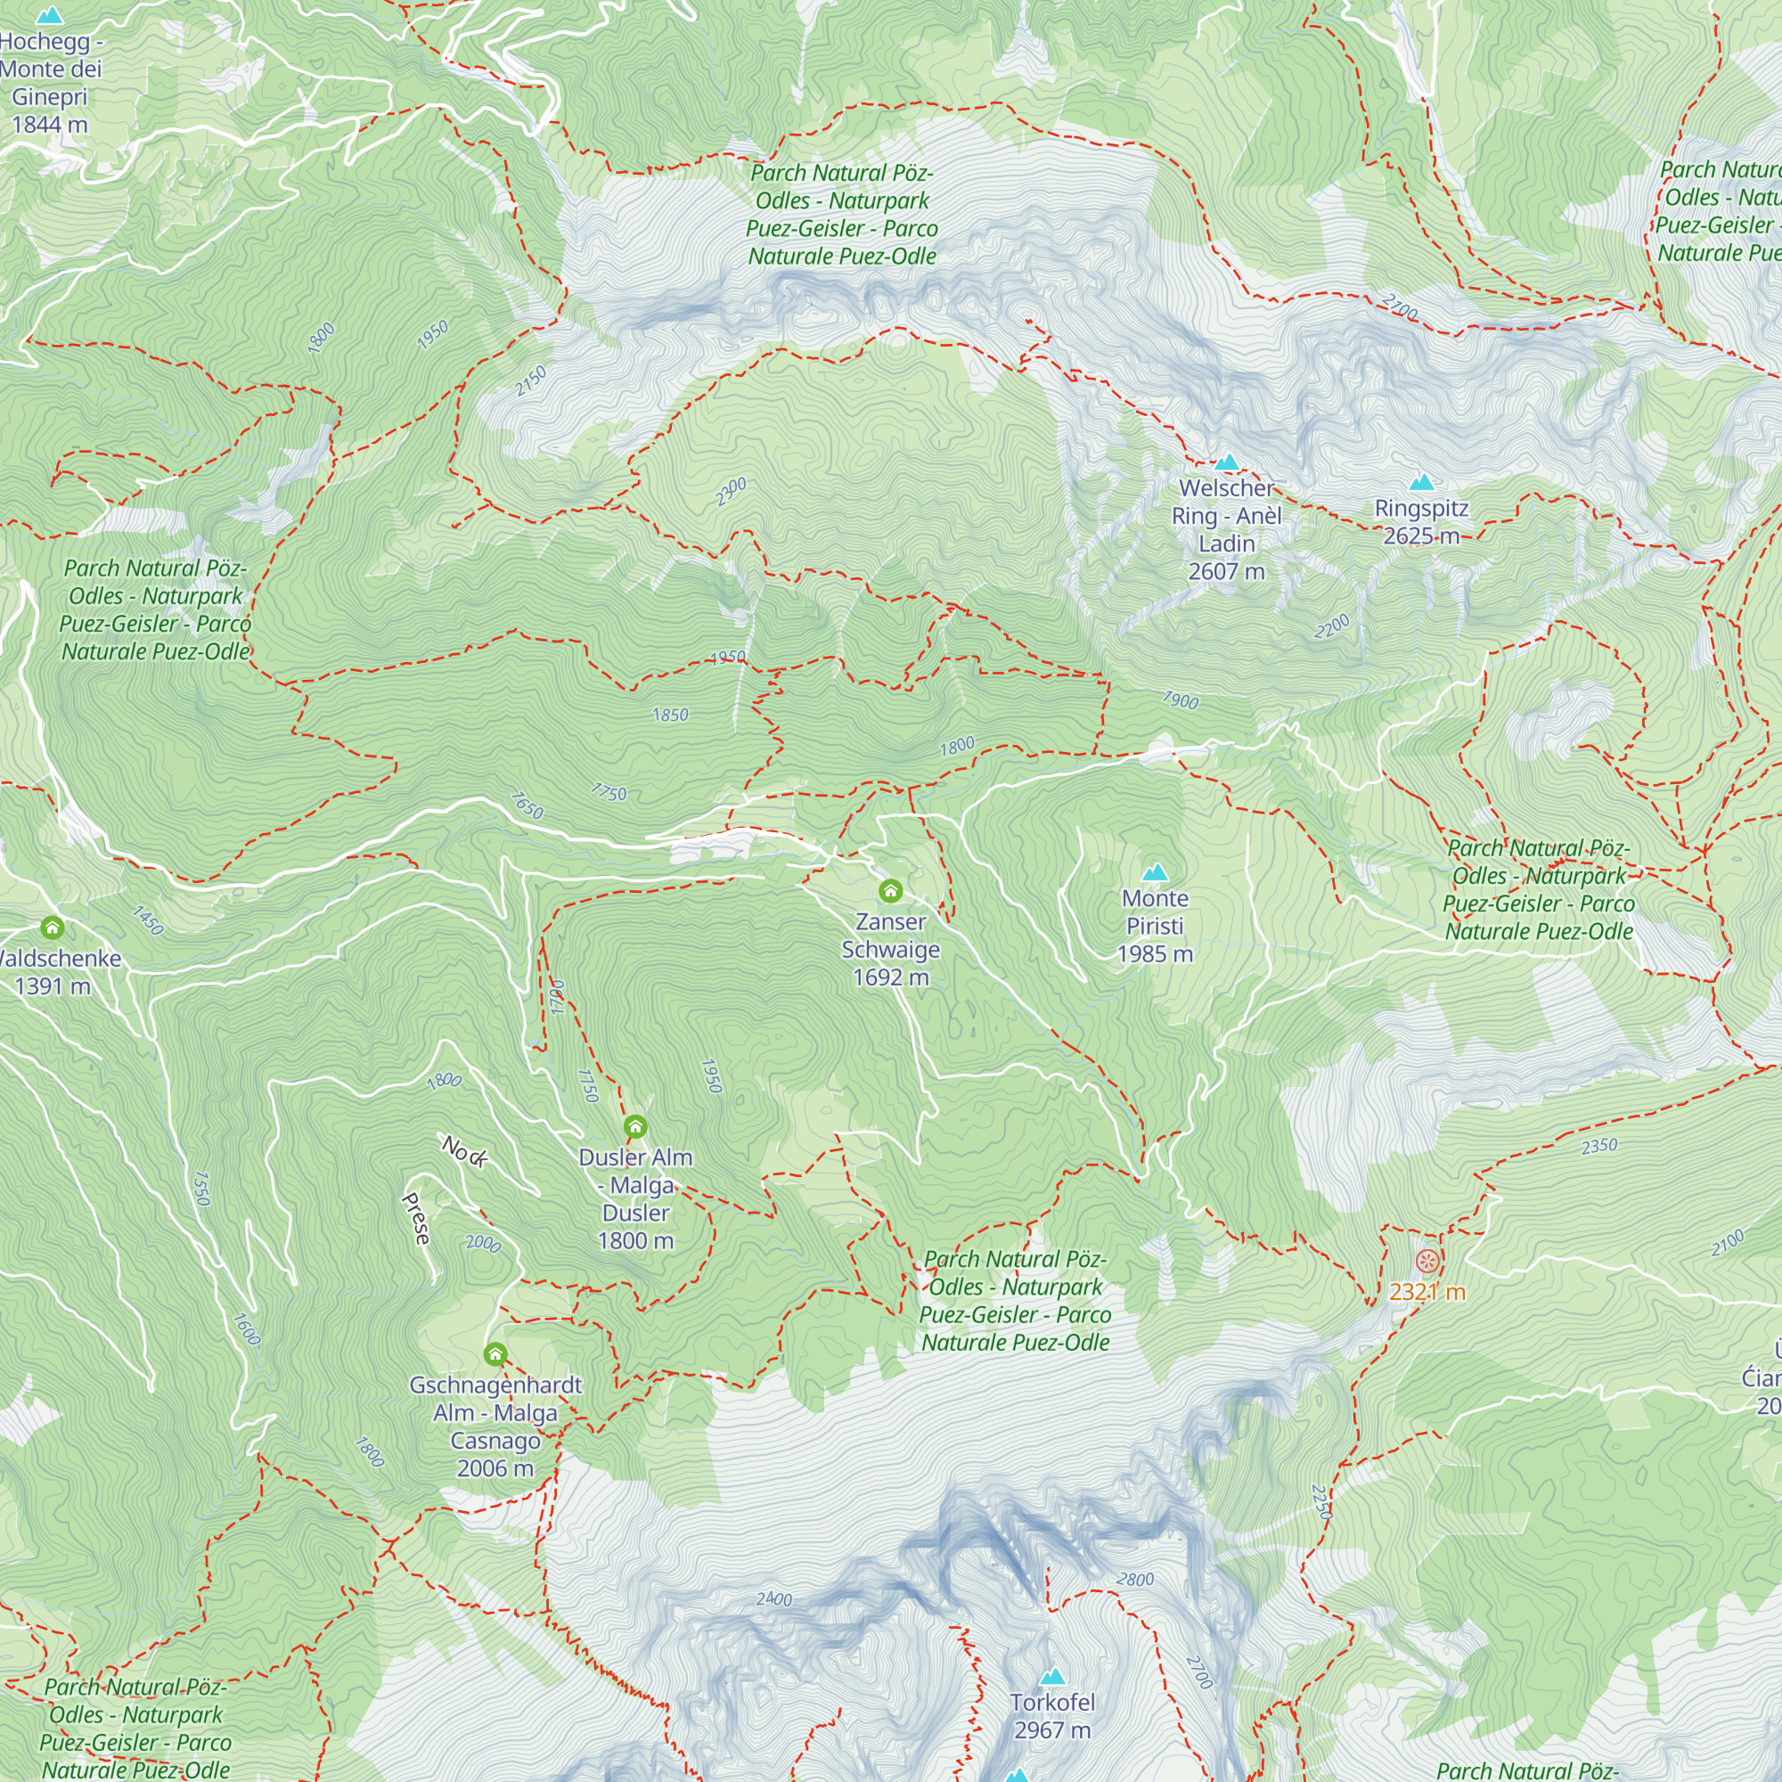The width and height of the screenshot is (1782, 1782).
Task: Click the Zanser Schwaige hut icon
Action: (x=890, y=890)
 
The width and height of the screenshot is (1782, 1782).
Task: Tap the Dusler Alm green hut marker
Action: (x=635, y=1127)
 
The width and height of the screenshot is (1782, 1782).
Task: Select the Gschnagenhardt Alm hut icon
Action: (x=495, y=1355)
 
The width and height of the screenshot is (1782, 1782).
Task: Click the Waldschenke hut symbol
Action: (x=53, y=928)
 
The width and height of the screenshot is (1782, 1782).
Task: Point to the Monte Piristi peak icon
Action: (x=1155, y=872)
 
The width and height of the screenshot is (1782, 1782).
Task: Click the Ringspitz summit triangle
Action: (x=1421, y=482)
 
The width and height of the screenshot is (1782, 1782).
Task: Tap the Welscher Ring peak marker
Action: (x=1227, y=462)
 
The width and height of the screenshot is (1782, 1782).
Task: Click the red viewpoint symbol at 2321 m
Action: (x=1426, y=1262)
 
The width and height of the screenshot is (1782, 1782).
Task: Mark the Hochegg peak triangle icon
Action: (x=49, y=16)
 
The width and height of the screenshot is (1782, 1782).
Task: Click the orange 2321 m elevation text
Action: (x=1427, y=1292)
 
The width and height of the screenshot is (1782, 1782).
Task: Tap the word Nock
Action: (x=464, y=1152)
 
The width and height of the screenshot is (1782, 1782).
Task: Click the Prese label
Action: (x=417, y=1218)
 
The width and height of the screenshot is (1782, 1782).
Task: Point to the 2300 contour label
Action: (x=732, y=492)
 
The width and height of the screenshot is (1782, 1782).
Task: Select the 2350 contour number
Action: (x=1599, y=1146)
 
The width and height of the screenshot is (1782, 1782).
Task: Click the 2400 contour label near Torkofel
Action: (x=774, y=1598)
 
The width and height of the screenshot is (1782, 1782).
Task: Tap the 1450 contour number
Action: (x=148, y=920)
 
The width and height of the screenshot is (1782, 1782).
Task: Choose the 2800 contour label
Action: (x=1135, y=1579)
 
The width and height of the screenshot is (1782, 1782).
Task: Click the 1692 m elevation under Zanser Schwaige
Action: (x=891, y=977)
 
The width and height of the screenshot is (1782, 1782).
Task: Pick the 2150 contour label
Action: (x=531, y=381)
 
